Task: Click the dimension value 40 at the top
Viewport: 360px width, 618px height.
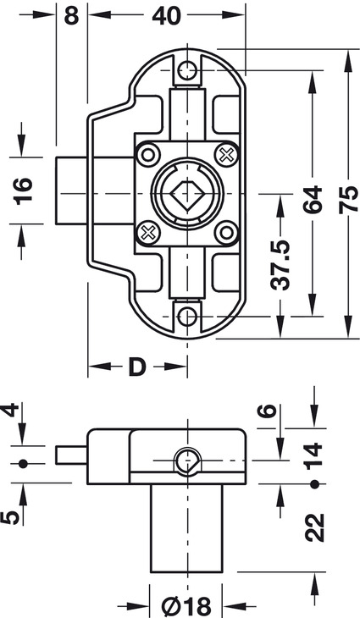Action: pyautogui.click(x=166, y=16)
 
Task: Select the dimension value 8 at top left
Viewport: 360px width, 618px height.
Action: pyautogui.click(x=71, y=16)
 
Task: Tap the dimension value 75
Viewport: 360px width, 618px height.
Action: pyautogui.click(x=349, y=200)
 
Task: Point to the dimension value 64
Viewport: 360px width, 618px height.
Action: pyautogui.click(x=313, y=200)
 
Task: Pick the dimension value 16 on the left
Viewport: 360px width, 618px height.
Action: pyautogui.click(x=23, y=191)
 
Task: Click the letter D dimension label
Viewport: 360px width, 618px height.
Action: pyautogui.click(x=137, y=367)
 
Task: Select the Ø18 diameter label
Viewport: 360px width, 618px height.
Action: pyautogui.click(x=186, y=606)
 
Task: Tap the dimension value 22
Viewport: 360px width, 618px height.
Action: pyautogui.click(x=314, y=527)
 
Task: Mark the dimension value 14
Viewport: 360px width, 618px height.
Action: pyautogui.click(x=314, y=456)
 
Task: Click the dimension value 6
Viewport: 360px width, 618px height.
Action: pyautogui.click(x=267, y=411)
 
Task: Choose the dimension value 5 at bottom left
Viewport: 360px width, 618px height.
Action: pyautogui.click(x=9, y=517)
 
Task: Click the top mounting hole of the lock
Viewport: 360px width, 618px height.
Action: pyautogui.click(x=187, y=70)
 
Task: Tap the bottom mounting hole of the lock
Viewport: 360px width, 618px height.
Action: pyautogui.click(x=187, y=316)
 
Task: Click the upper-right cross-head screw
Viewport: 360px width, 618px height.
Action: pyautogui.click(x=226, y=154)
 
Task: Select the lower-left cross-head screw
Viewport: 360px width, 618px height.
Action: pyautogui.click(x=148, y=233)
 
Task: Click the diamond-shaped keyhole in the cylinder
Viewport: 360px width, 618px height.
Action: pyautogui.click(x=187, y=194)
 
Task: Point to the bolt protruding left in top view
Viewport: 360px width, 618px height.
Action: pyautogui.click(x=71, y=190)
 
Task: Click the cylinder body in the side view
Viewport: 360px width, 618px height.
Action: pyautogui.click(x=186, y=528)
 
